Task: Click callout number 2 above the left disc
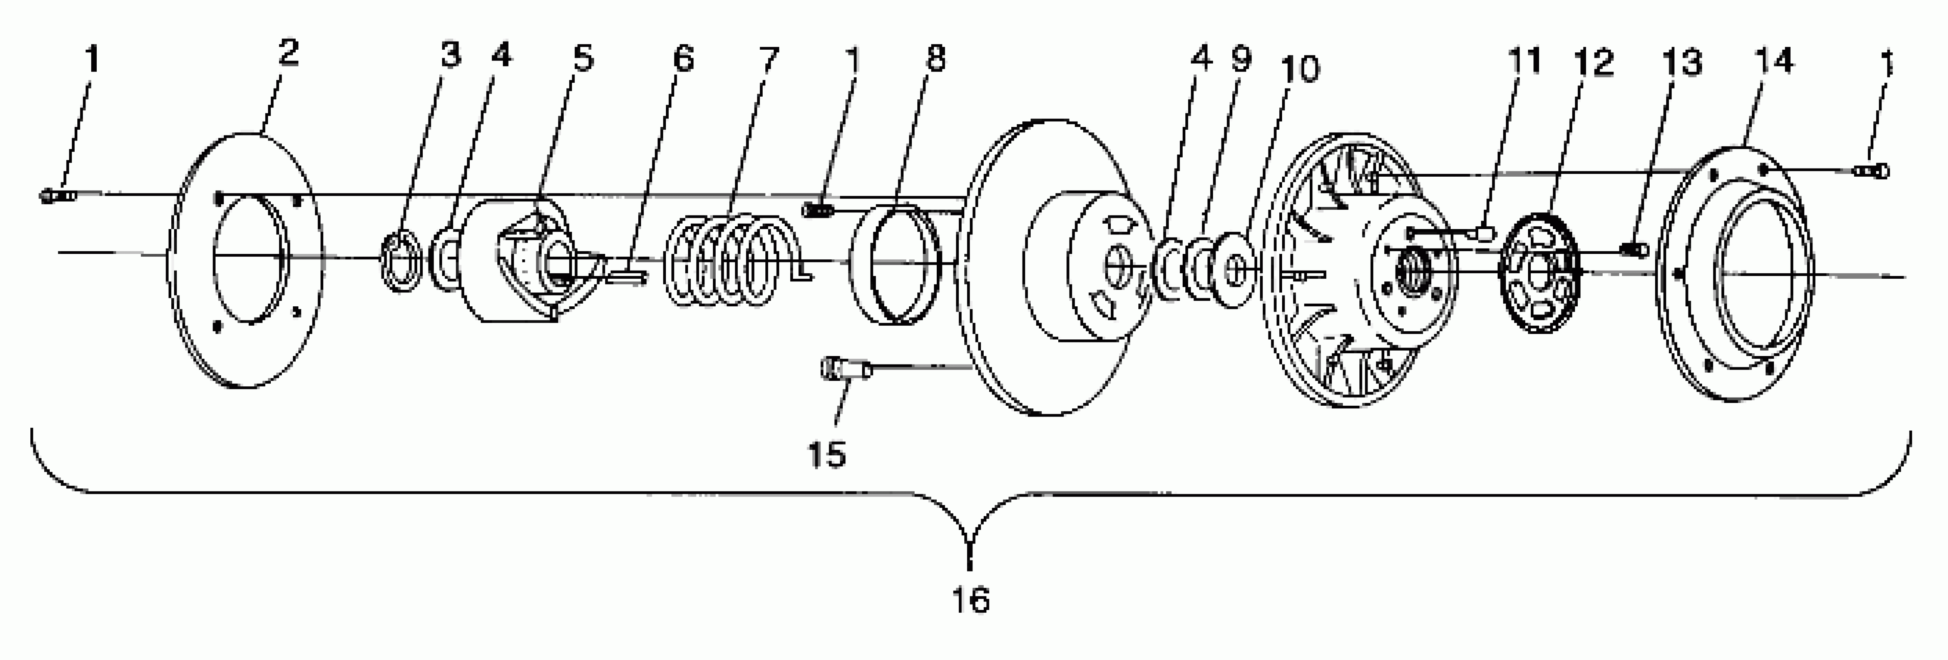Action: pyautogui.click(x=288, y=53)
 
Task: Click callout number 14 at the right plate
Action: pyautogui.click(x=1773, y=61)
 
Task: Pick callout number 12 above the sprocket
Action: pyautogui.click(x=1593, y=62)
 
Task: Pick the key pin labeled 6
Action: pyautogui.click(x=628, y=277)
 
